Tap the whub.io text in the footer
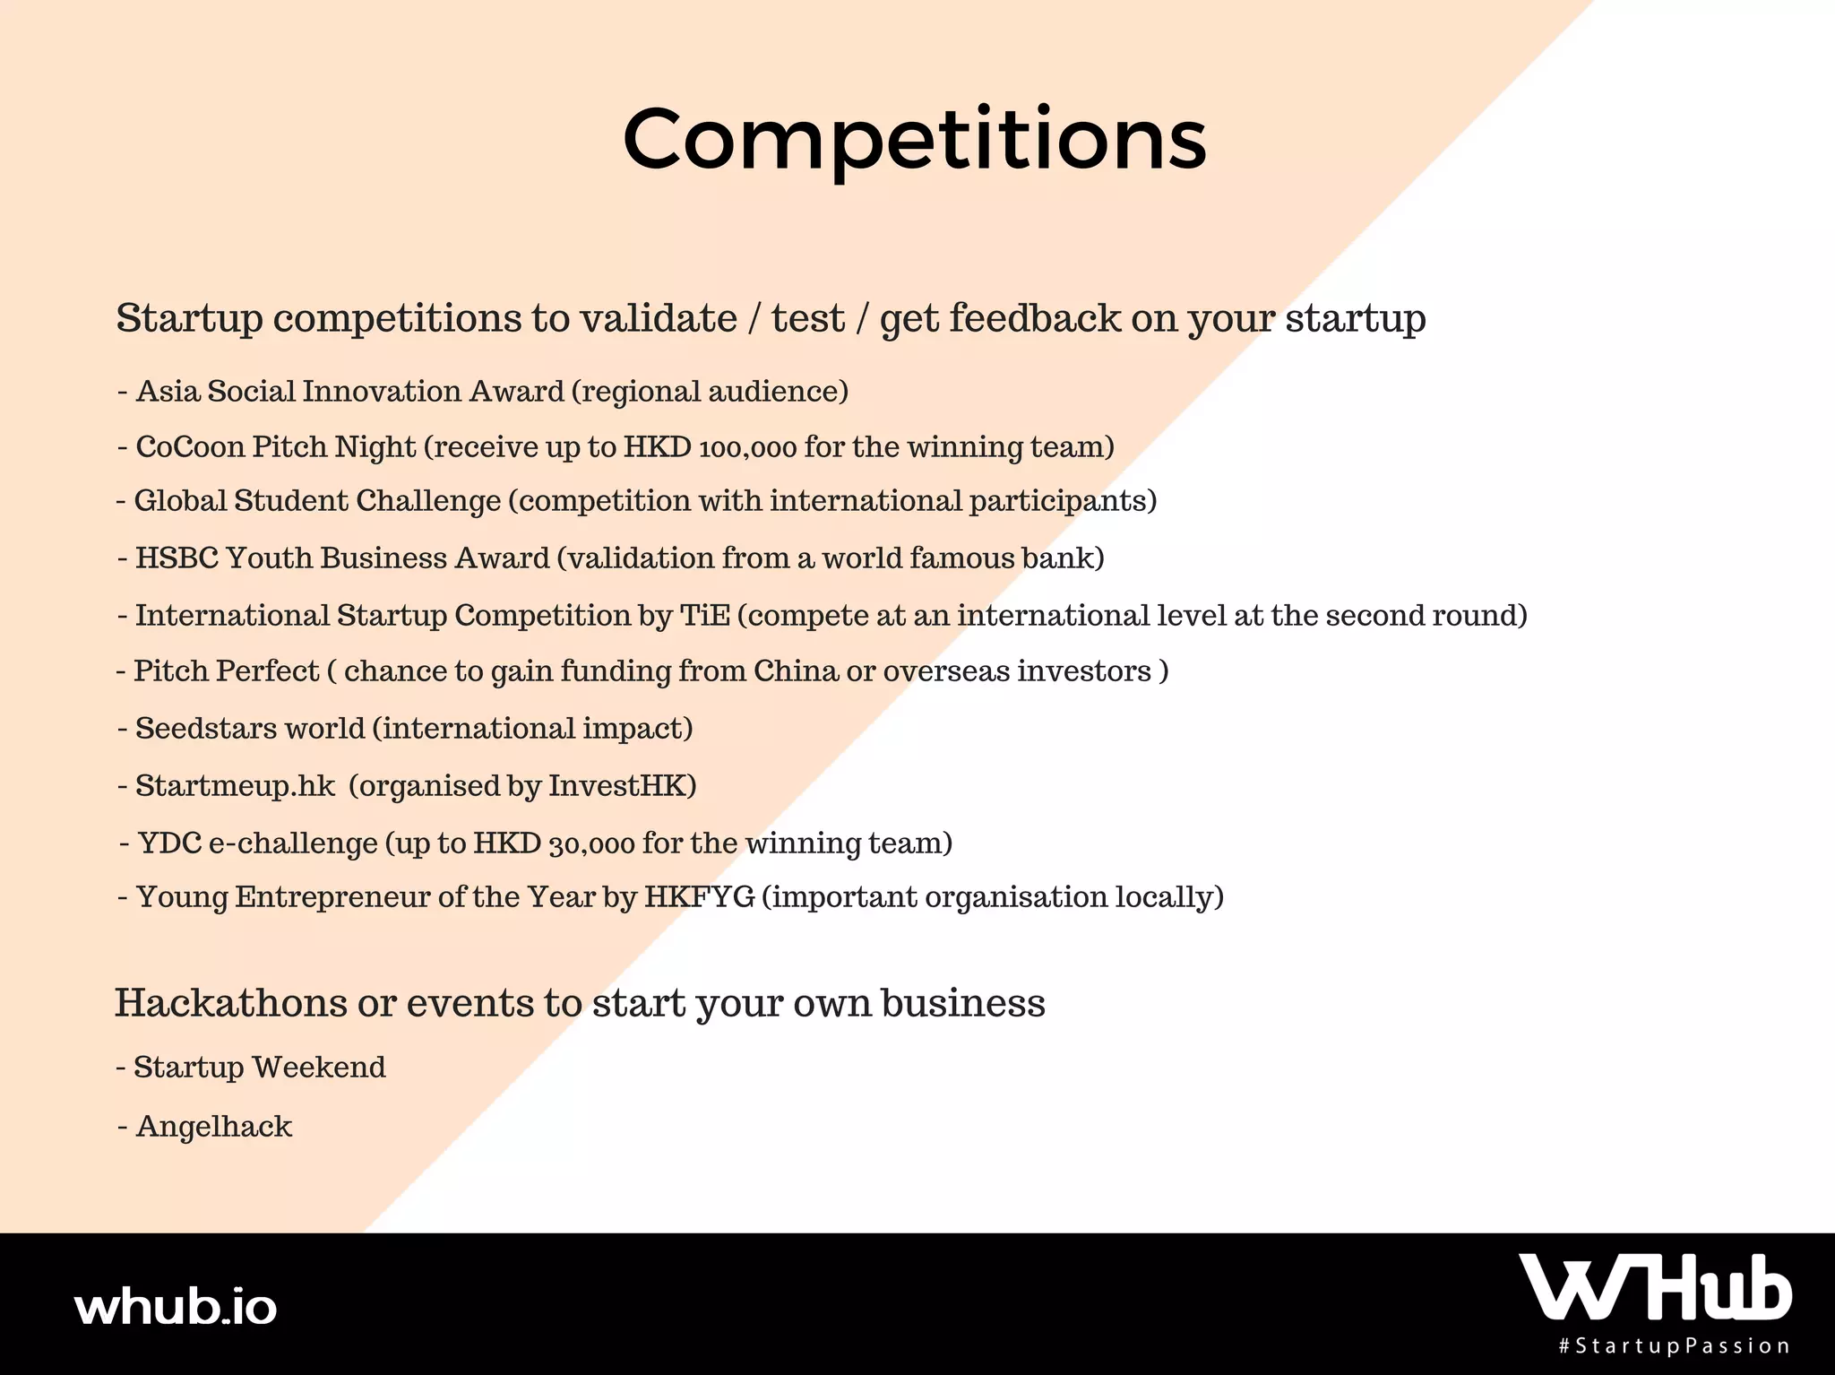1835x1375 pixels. [177, 1307]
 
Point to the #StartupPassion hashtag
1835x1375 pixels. [1675, 1346]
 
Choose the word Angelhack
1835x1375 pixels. [214, 1126]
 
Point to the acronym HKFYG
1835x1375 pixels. [700, 896]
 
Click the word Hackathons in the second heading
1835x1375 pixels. [231, 1002]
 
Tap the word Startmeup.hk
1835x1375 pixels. [236, 786]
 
